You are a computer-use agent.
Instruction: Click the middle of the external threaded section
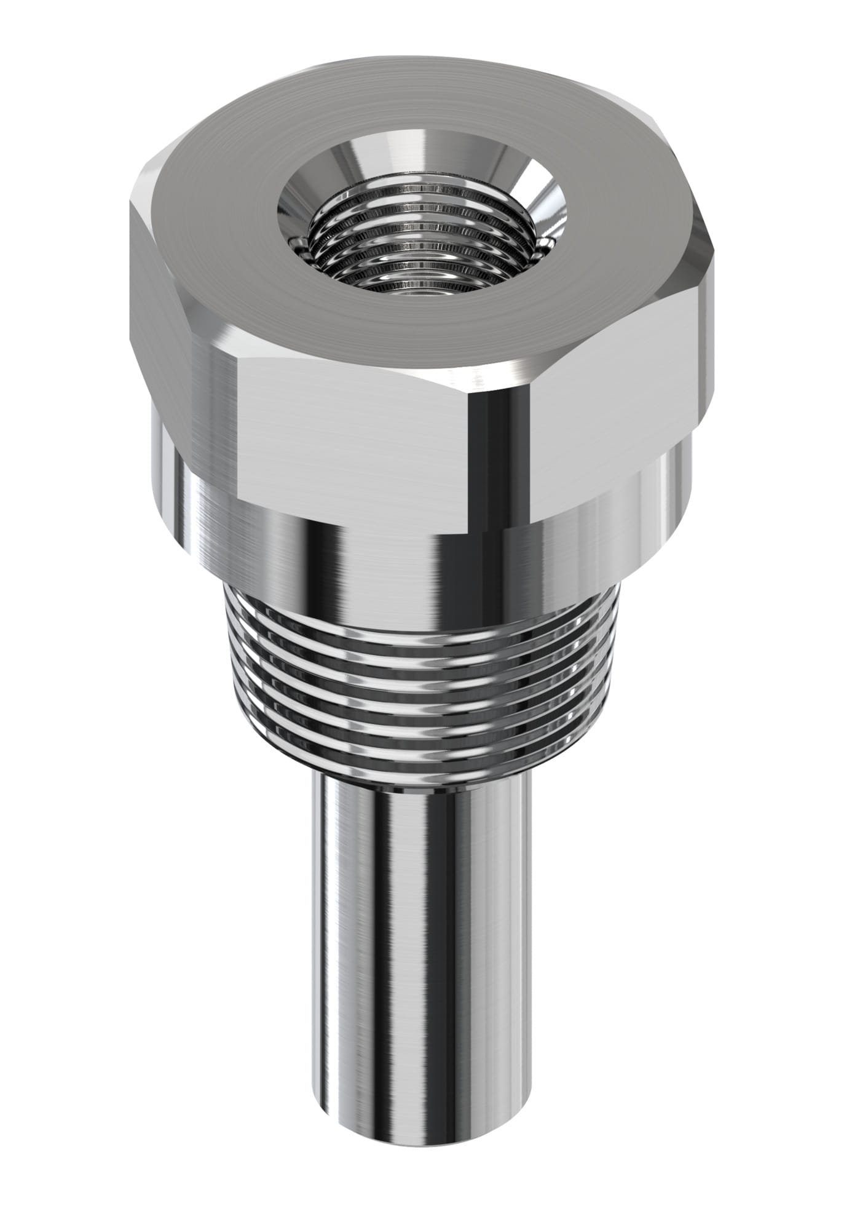pyautogui.click(x=418, y=683)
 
